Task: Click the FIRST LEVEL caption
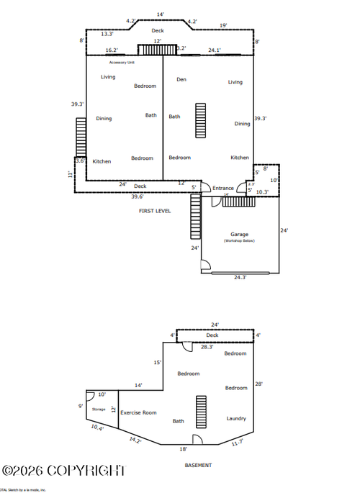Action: pyautogui.click(x=155, y=211)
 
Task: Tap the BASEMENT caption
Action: pyautogui.click(x=198, y=466)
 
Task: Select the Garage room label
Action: pyautogui.click(x=239, y=234)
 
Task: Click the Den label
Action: pyautogui.click(x=181, y=79)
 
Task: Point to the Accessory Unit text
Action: pyautogui.click(x=123, y=63)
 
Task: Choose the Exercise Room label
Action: pyautogui.click(x=138, y=412)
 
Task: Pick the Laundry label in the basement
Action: pyautogui.click(x=236, y=418)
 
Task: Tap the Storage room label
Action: pyautogui.click(x=99, y=410)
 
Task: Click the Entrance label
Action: pyautogui.click(x=223, y=189)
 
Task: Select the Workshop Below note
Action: pyautogui.click(x=239, y=241)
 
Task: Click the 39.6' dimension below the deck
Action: pyautogui.click(x=138, y=196)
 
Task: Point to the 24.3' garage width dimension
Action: pyautogui.click(x=240, y=277)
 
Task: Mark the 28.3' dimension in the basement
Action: pyautogui.click(x=207, y=347)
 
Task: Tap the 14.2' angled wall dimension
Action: pyautogui.click(x=135, y=440)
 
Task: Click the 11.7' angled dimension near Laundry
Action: pyautogui.click(x=237, y=443)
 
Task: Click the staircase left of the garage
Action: pyautogui.click(x=194, y=217)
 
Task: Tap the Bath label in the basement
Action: pyautogui.click(x=178, y=421)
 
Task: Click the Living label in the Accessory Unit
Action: pyautogui.click(x=108, y=77)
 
